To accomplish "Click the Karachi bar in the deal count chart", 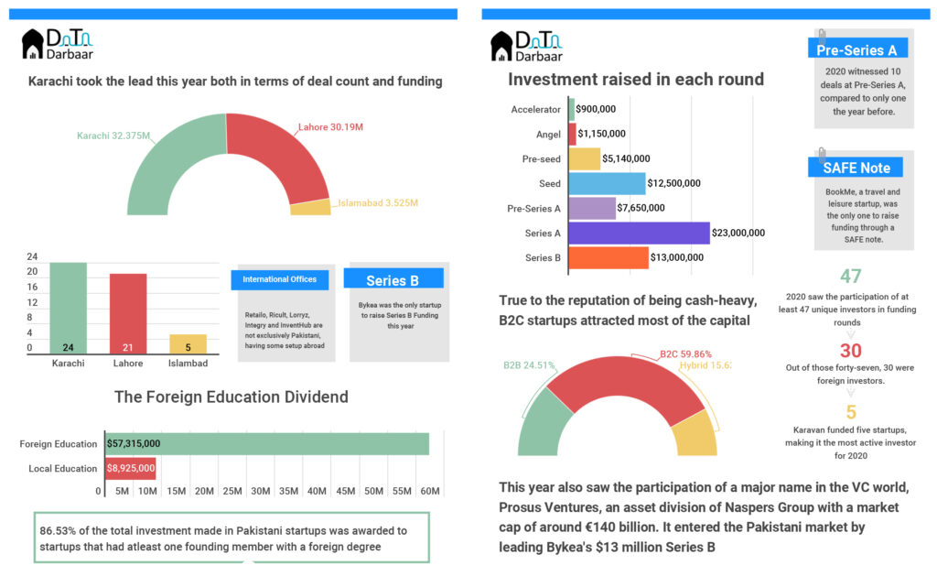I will coord(68,308).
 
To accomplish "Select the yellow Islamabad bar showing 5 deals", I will coord(188,344).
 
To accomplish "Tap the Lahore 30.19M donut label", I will coord(330,126).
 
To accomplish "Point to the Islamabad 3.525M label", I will coord(377,202).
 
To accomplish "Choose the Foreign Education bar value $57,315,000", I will coord(134,443).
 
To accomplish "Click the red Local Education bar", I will coord(130,468).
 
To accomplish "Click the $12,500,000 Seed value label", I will coord(673,183).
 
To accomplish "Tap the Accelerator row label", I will coord(535,110).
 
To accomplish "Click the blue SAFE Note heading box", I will coord(856,168).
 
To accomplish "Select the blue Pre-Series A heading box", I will coord(856,49).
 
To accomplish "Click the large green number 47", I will coord(851,277).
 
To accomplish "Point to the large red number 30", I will coord(851,351).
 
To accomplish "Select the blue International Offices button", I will coord(280,279).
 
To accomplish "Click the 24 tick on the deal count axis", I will coord(32,256).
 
